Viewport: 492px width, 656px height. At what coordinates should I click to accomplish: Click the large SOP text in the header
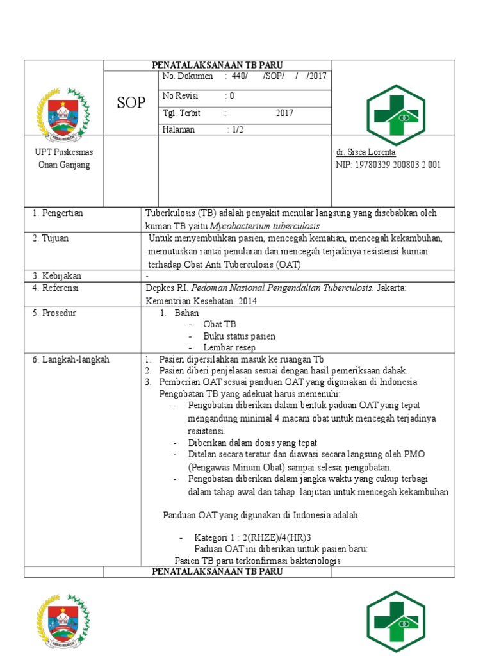(x=131, y=103)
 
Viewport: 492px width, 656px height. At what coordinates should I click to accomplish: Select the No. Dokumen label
(x=188, y=76)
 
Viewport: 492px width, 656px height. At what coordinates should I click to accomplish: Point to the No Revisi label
(x=181, y=96)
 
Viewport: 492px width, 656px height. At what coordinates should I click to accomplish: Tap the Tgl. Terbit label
(x=181, y=113)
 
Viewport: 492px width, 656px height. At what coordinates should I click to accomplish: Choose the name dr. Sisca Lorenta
(x=366, y=153)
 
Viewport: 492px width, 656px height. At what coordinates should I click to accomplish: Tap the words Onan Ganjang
(x=63, y=165)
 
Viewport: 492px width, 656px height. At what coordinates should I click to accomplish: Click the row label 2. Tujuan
(x=51, y=238)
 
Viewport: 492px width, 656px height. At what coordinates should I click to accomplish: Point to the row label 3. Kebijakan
(x=57, y=276)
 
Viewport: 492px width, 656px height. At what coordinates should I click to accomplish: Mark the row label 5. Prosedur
(x=54, y=313)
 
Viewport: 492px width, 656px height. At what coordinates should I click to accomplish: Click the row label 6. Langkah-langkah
(x=70, y=359)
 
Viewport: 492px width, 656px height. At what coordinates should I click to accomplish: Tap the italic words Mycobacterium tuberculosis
(x=266, y=226)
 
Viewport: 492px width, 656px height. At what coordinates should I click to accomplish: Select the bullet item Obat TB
(x=220, y=325)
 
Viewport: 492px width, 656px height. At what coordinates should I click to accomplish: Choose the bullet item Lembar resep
(x=229, y=348)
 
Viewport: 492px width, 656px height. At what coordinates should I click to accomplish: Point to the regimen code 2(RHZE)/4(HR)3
(x=284, y=537)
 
